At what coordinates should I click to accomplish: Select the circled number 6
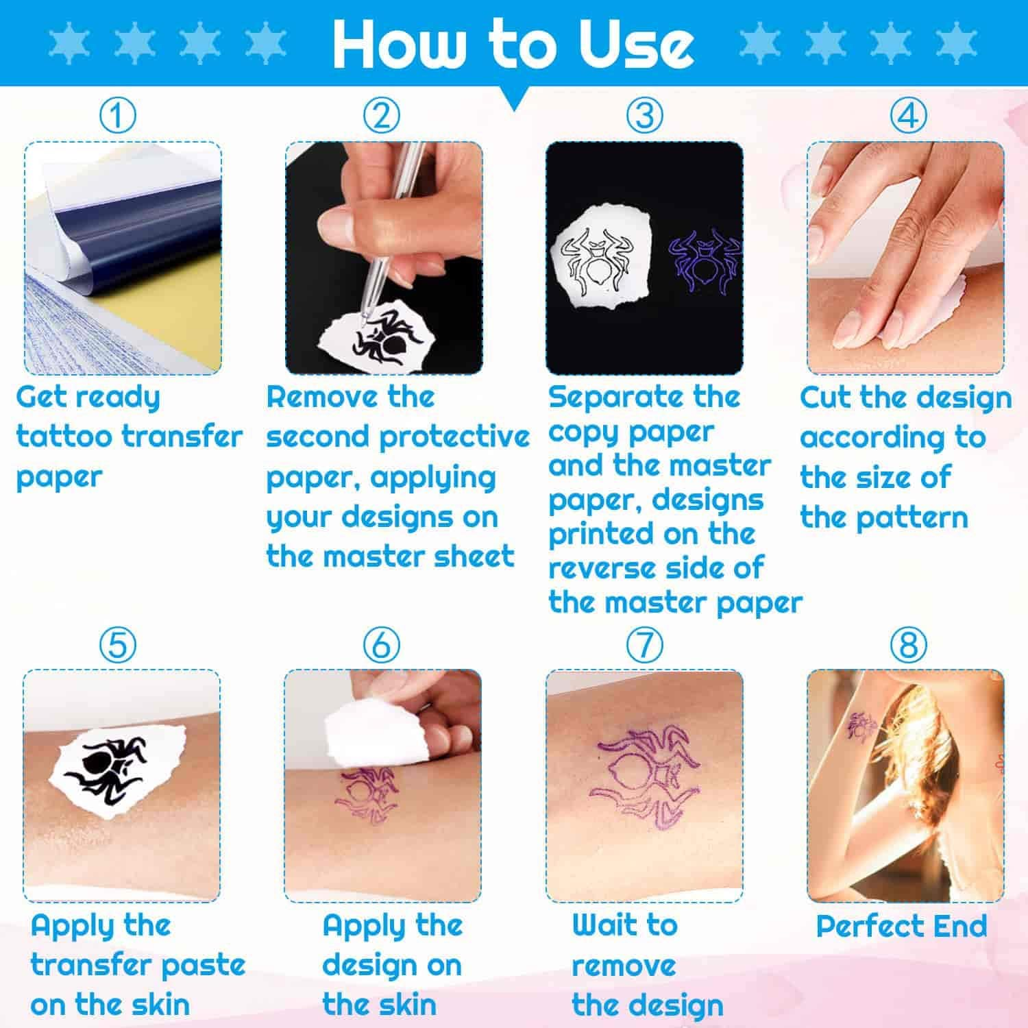pyautogui.click(x=380, y=645)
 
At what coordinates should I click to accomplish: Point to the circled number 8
pyautogui.click(x=907, y=645)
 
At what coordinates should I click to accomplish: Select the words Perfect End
pyautogui.click(x=901, y=927)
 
